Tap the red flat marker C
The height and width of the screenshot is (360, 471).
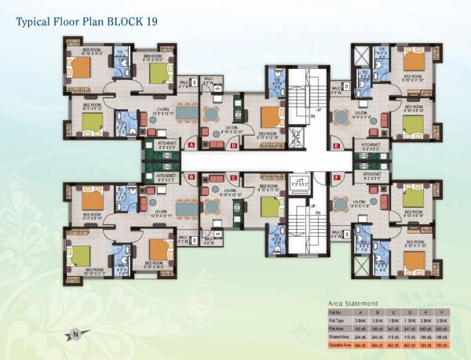coord(233,178)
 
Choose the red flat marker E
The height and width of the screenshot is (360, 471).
coord(336,145)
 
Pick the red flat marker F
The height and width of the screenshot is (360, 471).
coord(336,178)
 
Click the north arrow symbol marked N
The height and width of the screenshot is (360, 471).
coord(76,333)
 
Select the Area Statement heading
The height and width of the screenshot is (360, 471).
coord(353,303)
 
